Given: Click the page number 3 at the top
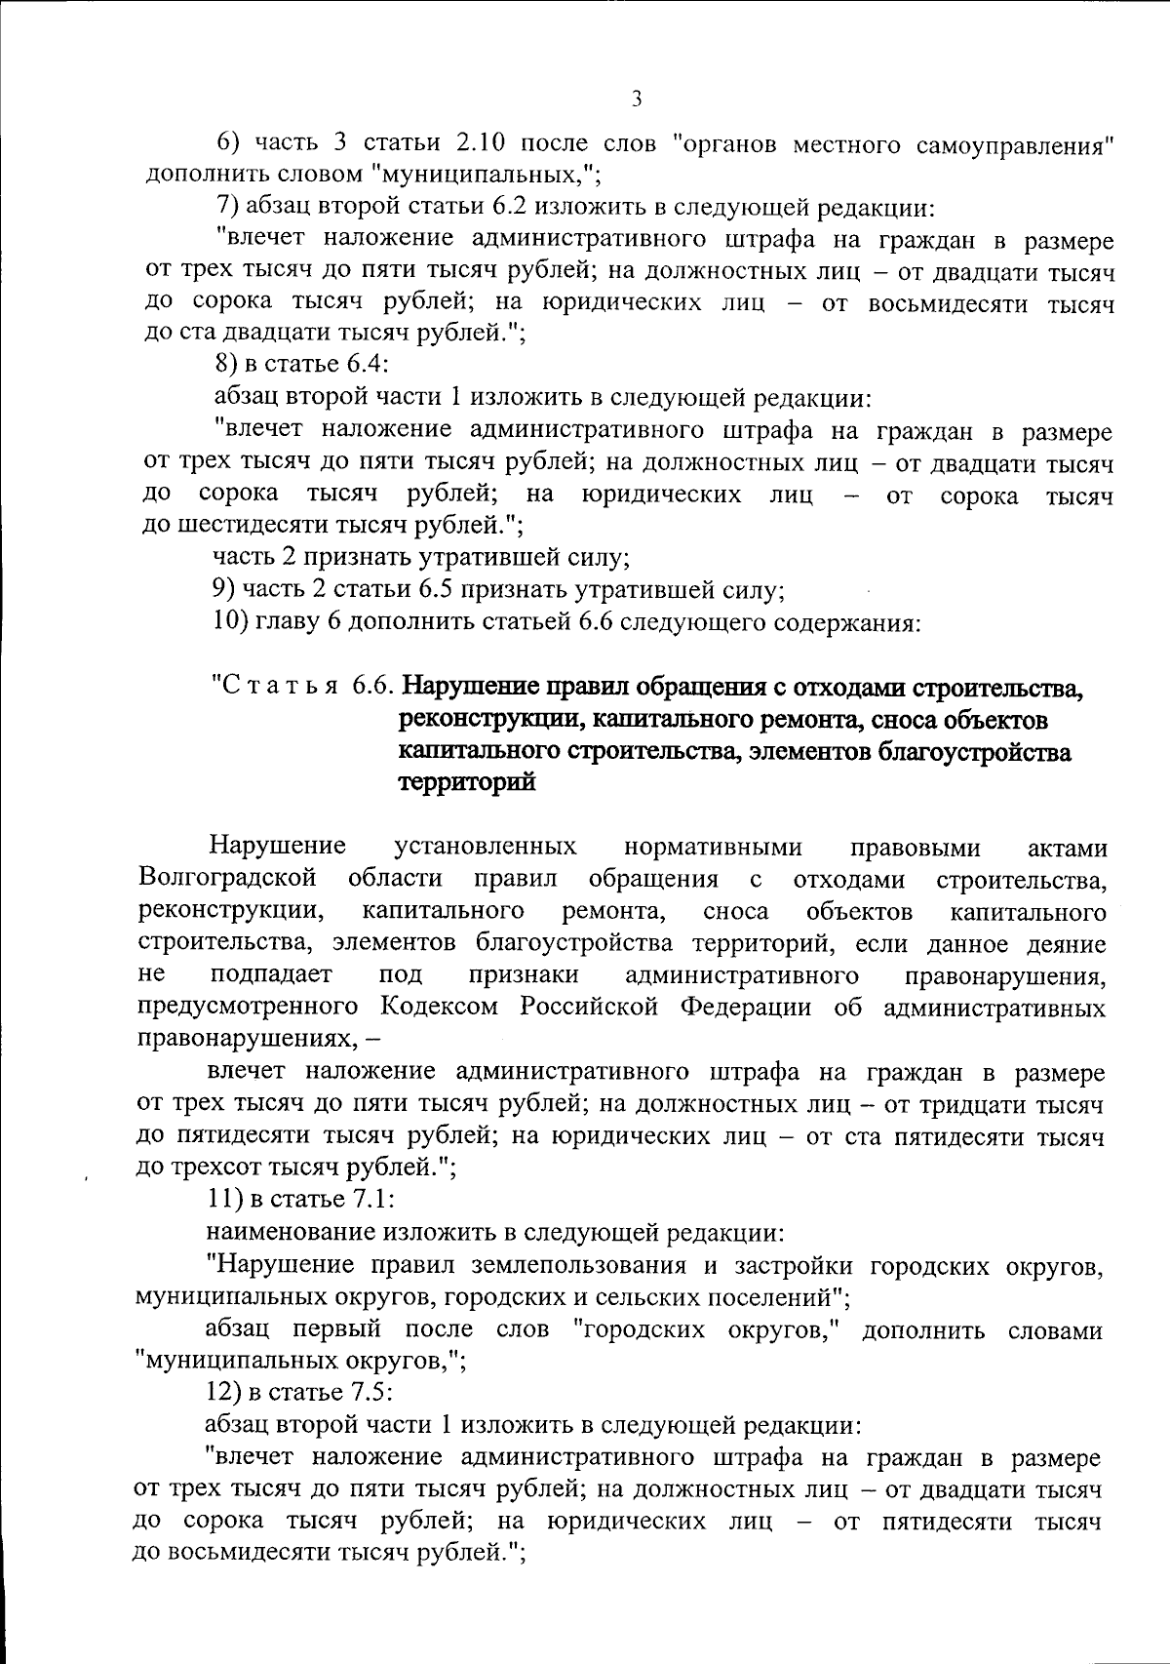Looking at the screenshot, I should [x=636, y=98].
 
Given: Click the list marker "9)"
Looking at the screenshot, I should [x=226, y=590].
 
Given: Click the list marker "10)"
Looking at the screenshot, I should [x=231, y=621].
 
